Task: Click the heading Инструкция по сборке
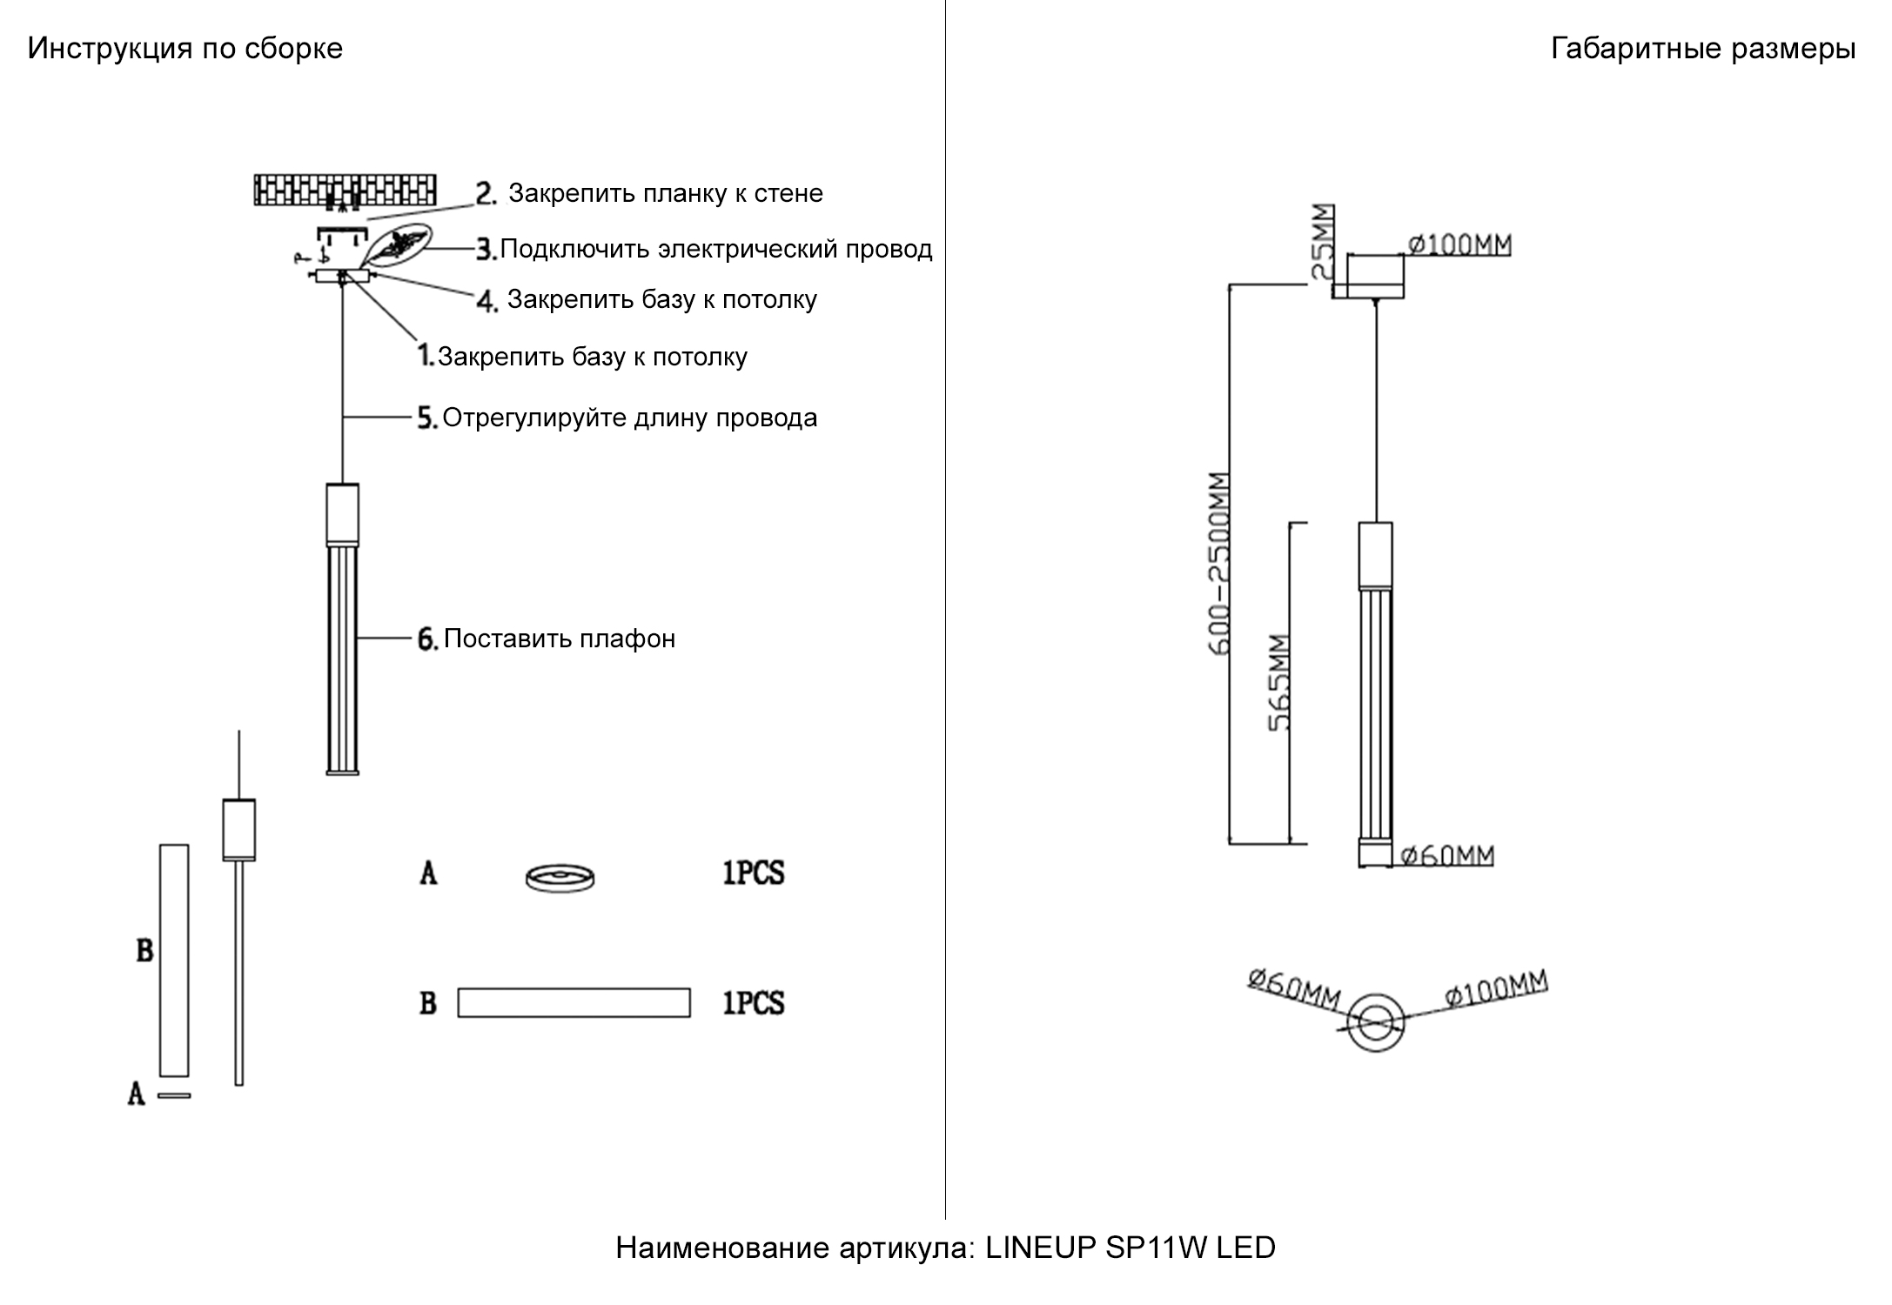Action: (185, 49)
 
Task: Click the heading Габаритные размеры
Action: (1702, 49)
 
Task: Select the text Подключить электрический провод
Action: (715, 250)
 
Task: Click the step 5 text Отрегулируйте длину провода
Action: (629, 418)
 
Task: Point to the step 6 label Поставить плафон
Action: (559, 639)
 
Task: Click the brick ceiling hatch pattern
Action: (345, 190)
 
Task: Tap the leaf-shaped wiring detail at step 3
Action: (396, 246)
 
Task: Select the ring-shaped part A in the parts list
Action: (560, 878)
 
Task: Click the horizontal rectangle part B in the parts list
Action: (574, 1002)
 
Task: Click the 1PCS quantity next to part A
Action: (753, 873)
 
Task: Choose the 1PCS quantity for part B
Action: (753, 1003)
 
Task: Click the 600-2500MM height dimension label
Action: (1220, 564)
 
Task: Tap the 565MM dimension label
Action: (1278, 683)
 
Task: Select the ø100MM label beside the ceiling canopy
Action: (1459, 245)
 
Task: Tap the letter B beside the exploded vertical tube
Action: (144, 951)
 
